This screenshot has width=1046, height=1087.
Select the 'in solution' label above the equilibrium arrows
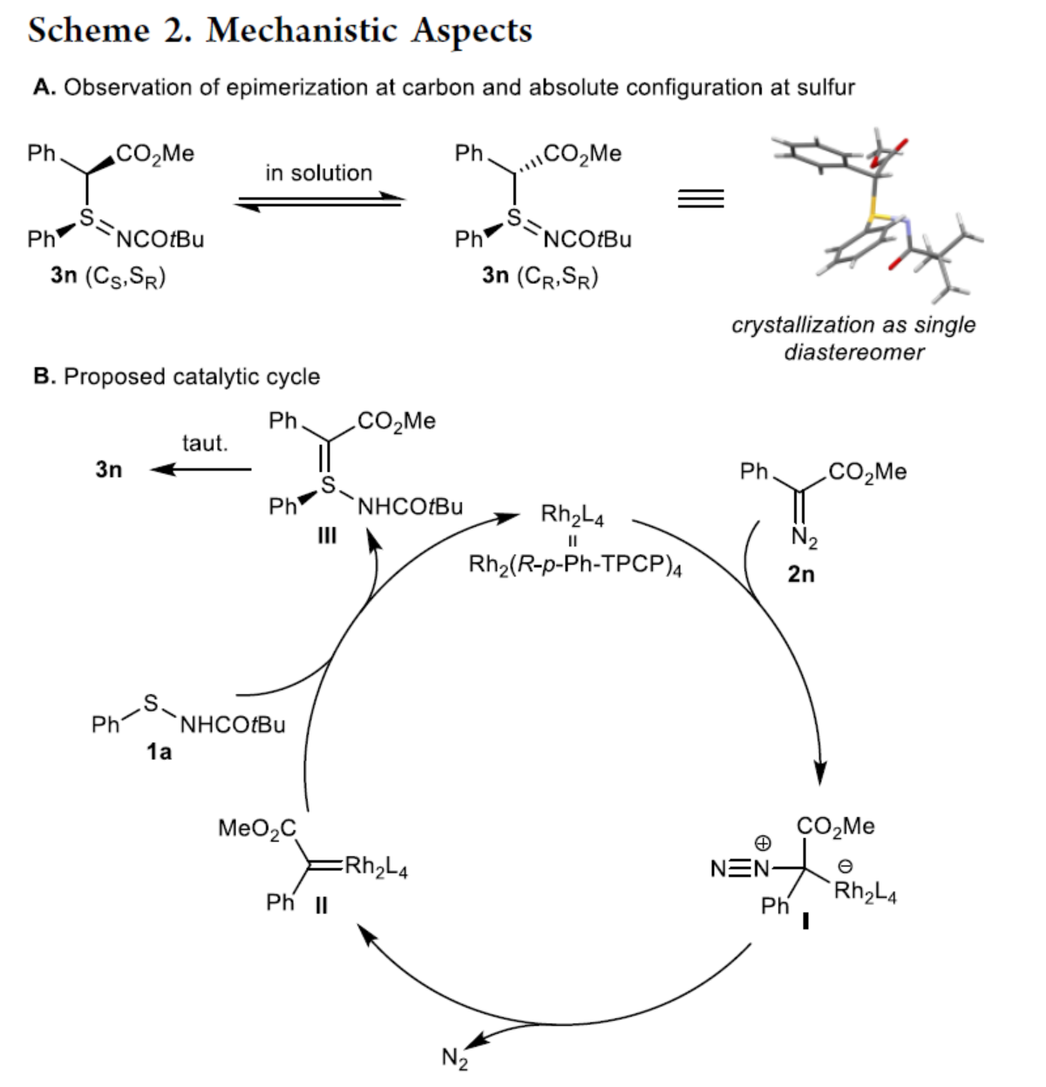[x=318, y=172]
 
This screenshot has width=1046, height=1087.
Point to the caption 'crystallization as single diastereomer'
[x=853, y=338]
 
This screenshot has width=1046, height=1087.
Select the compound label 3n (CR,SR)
[x=540, y=276]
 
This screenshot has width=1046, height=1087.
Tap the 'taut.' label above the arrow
[x=205, y=443]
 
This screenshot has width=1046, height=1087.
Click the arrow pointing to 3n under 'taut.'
[x=200, y=470]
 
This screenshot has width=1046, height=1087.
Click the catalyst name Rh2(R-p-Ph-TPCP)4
[x=575, y=566]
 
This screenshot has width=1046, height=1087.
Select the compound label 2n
[x=801, y=574]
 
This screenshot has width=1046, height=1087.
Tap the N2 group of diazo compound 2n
[x=805, y=541]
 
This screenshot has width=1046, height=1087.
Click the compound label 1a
[x=159, y=752]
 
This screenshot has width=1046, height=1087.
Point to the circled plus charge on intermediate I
[x=763, y=843]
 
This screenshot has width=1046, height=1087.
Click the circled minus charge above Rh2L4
[x=845, y=868]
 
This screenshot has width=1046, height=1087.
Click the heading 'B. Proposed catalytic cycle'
[x=176, y=376]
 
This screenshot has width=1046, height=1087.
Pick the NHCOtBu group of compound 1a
[x=232, y=725]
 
